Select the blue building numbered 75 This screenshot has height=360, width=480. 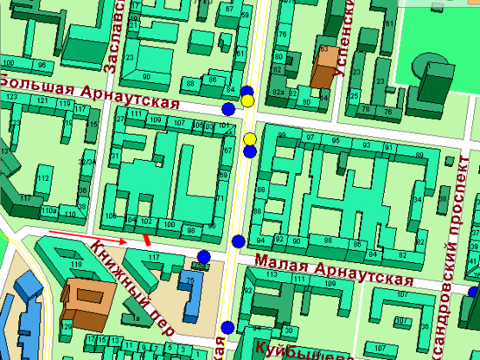tap(189, 286)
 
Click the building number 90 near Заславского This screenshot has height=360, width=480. tap(146, 77)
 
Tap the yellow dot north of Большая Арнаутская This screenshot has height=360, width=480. tap(247, 100)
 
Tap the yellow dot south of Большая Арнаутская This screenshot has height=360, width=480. tap(249, 139)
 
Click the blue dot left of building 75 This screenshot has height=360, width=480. tap(204, 256)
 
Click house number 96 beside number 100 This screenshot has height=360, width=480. tap(41, 66)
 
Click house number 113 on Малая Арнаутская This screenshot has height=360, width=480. tap(273, 274)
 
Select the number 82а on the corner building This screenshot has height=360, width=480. tap(278, 91)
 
